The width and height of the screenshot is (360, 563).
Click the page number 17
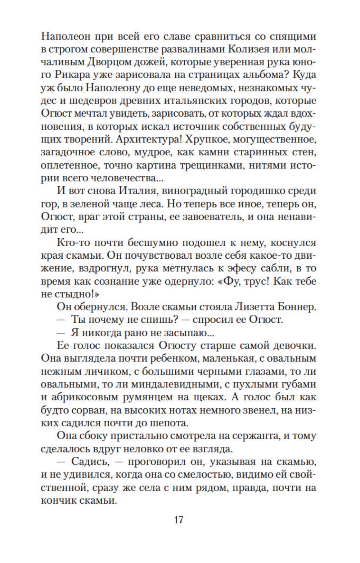(179, 520)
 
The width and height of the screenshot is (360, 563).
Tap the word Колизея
(240, 49)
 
